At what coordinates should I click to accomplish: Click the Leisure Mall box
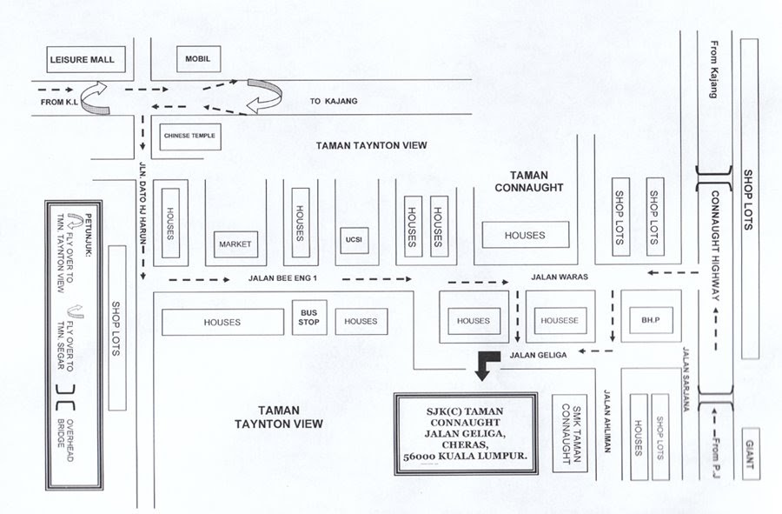click(x=86, y=59)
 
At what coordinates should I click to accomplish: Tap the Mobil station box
click(x=198, y=59)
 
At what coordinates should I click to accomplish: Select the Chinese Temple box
click(x=190, y=137)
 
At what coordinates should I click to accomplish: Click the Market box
click(x=235, y=244)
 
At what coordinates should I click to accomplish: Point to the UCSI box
click(x=355, y=240)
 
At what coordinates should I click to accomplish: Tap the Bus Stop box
click(x=309, y=317)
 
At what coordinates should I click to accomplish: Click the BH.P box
click(x=651, y=320)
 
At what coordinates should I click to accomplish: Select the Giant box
click(x=751, y=454)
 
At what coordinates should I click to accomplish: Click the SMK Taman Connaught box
click(x=569, y=434)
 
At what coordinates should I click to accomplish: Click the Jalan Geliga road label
click(x=538, y=356)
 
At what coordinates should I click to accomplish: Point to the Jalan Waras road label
click(x=560, y=277)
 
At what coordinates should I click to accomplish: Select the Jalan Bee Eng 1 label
click(x=282, y=278)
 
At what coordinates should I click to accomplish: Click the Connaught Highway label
click(x=715, y=245)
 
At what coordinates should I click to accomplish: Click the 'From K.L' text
click(x=59, y=103)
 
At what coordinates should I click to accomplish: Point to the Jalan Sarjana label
click(x=686, y=379)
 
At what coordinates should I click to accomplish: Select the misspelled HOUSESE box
click(x=560, y=320)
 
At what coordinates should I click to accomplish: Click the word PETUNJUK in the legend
click(x=89, y=235)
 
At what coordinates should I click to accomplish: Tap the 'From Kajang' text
click(x=714, y=70)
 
